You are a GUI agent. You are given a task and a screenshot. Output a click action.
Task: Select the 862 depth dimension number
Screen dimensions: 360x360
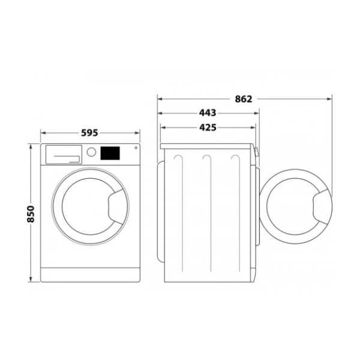pyautogui.click(x=244, y=99)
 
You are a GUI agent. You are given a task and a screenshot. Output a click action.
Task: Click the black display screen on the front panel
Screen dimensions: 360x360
pyautogui.click(x=110, y=153)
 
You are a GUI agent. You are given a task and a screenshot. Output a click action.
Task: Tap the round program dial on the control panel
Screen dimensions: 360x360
pyautogui.click(x=91, y=152)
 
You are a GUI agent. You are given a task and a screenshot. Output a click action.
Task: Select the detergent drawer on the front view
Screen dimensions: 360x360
pyautogui.click(x=63, y=155)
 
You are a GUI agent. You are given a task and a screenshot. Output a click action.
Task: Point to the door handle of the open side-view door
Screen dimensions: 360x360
pyautogui.click(x=322, y=204)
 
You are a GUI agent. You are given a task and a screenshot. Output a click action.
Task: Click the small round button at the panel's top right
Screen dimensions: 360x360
pyautogui.click(x=135, y=148)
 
